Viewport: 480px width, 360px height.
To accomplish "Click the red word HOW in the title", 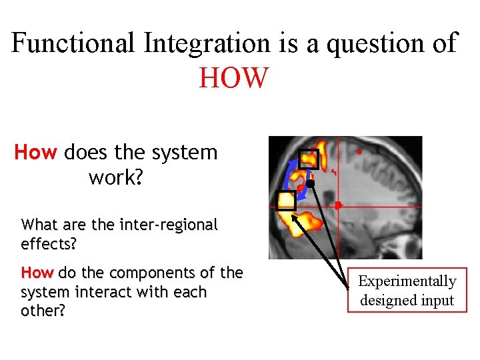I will point(233,77).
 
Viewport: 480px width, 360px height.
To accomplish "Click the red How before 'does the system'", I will point(36,153).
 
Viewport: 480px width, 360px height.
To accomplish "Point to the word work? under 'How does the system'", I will point(115,178).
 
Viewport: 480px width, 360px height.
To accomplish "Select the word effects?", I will point(49,243).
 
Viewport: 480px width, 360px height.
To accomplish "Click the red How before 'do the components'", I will point(37,273).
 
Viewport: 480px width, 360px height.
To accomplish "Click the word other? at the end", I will point(43,311).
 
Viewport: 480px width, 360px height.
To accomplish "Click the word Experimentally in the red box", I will point(407,281).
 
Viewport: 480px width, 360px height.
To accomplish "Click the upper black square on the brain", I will point(308,159).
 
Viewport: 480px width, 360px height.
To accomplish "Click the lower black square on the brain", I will point(286,200).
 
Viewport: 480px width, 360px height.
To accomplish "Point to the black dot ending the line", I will point(310,183).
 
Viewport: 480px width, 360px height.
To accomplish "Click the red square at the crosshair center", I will point(337,205).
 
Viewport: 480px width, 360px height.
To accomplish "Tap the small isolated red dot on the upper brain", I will point(359,152).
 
